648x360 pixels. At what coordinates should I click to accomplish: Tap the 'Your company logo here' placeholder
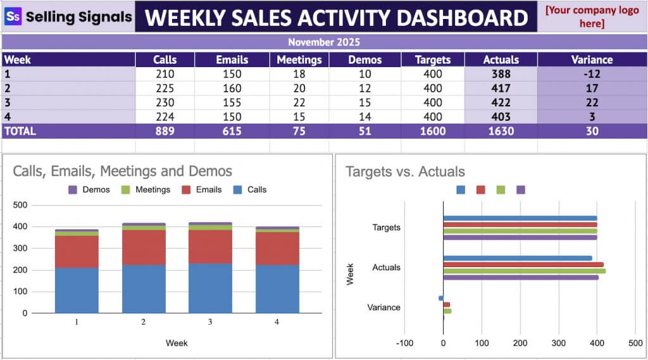(x=592, y=17)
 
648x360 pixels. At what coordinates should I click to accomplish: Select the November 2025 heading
(x=323, y=42)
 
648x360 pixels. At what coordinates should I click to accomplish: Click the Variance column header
(x=592, y=59)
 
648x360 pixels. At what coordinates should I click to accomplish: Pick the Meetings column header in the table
(x=300, y=59)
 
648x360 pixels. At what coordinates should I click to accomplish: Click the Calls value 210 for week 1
(x=165, y=74)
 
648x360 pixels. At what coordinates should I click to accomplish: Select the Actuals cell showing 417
(x=501, y=89)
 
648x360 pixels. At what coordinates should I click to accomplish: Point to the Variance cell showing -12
(x=592, y=74)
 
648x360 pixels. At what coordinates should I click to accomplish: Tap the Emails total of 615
(x=232, y=132)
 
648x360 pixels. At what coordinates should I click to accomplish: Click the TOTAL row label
(x=20, y=132)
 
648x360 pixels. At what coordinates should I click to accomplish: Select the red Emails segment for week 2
(x=144, y=247)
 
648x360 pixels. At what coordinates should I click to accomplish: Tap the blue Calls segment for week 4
(x=277, y=289)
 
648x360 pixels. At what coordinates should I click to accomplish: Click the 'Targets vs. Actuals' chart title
(x=405, y=171)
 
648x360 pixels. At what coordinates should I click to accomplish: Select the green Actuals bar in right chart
(x=524, y=271)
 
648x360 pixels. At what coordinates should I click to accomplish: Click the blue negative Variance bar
(x=440, y=298)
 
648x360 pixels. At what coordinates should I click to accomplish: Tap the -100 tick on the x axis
(x=404, y=343)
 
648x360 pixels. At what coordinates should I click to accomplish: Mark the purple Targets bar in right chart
(x=520, y=238)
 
